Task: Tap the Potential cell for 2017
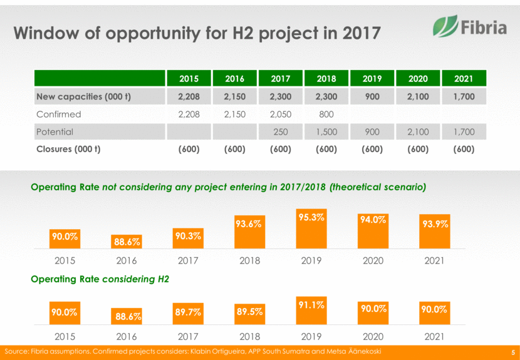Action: [281, 132]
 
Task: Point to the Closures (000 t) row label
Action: [69, 150]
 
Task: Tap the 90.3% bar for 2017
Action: [189, 240]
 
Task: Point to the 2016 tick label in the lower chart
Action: [127, 336]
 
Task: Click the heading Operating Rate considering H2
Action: [100, 279]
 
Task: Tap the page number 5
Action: [512, 351]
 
